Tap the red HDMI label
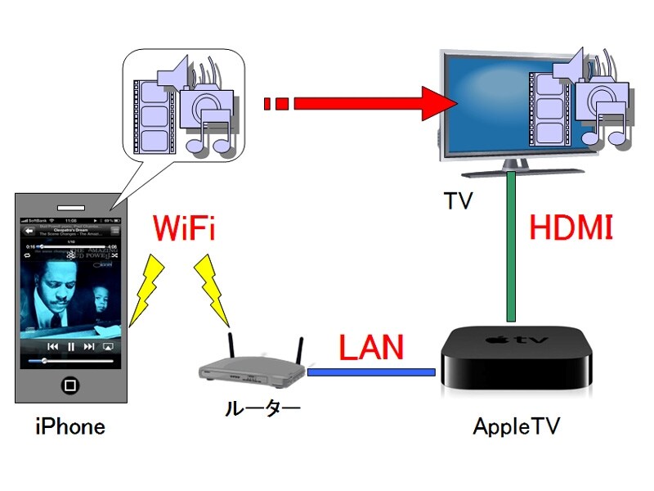[570, 227]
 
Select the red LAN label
[371, 348]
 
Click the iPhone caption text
[69, 426]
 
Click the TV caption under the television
[458, 201]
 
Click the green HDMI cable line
[511, 245]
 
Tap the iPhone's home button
[71, 385]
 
